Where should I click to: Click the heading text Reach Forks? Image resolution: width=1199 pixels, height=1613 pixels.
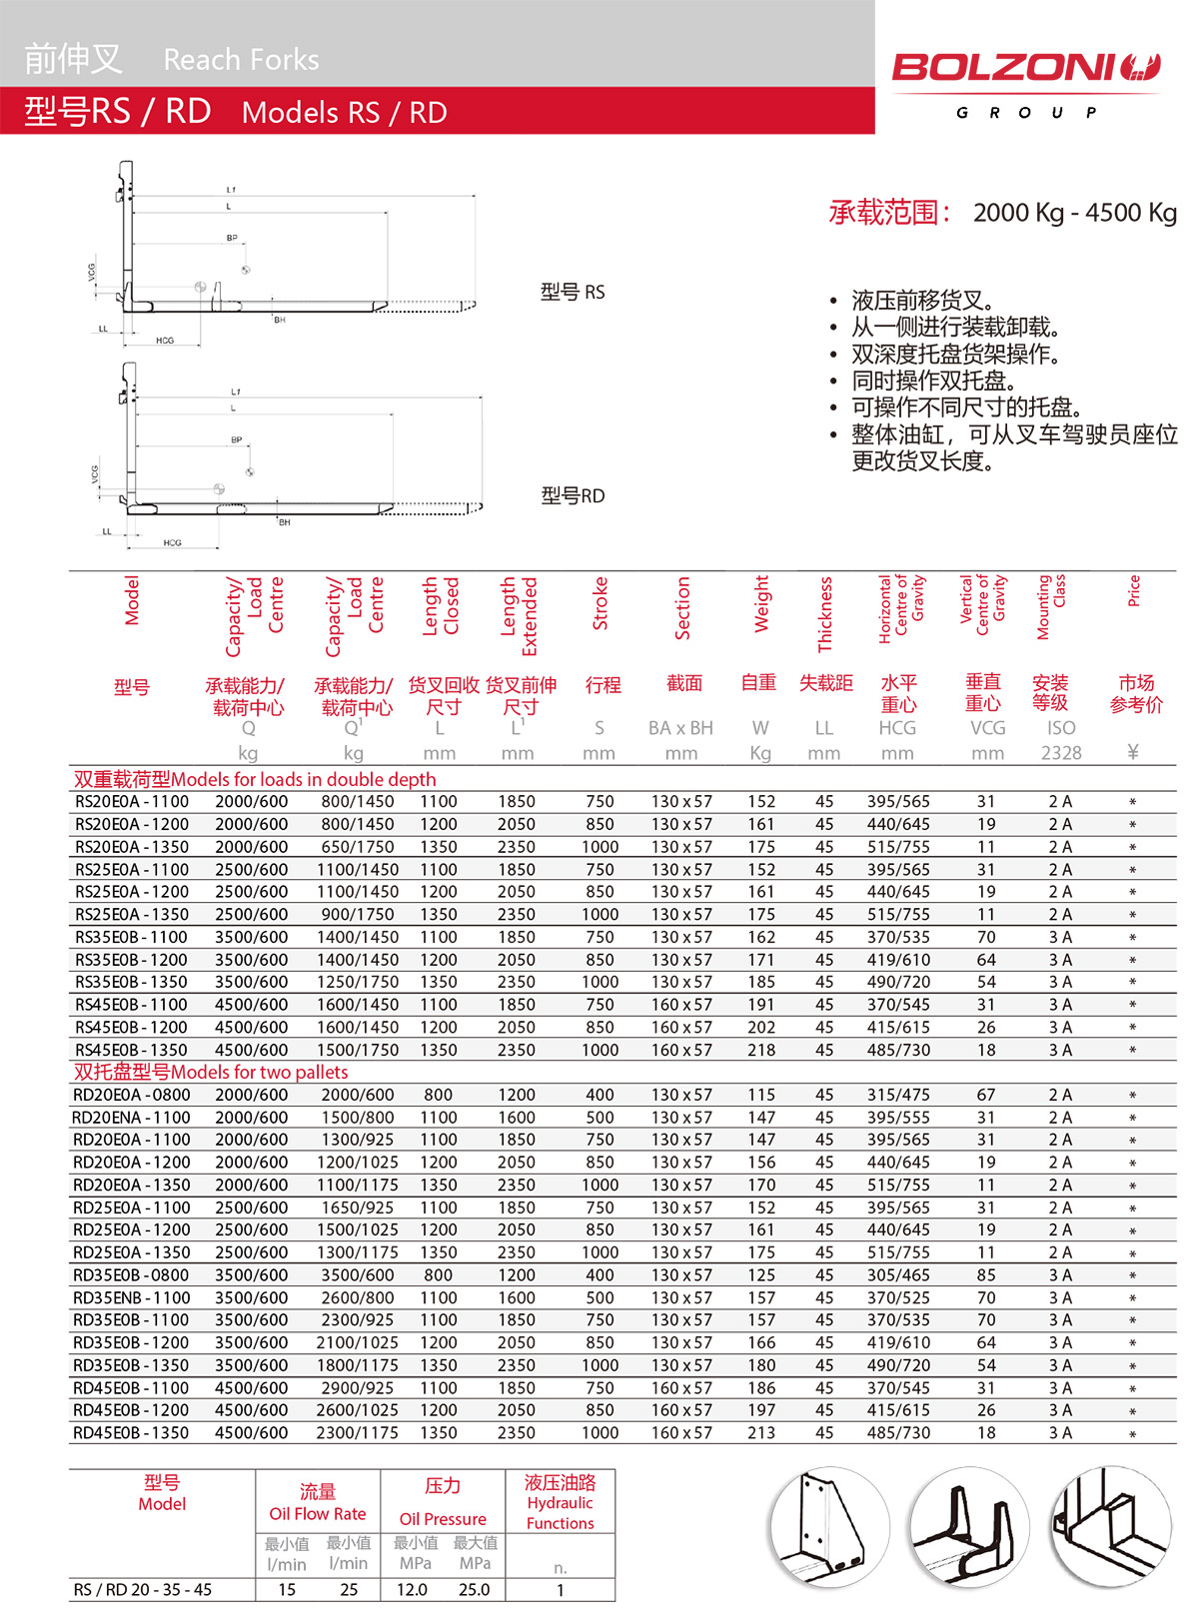pyautogui.click(x=241, y=60)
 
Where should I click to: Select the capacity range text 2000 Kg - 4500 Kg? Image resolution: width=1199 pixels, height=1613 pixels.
pyautogui.click(x=1074, y=213)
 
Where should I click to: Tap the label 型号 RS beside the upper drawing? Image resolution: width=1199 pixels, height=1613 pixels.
pyautogui.click(x=573, y=293)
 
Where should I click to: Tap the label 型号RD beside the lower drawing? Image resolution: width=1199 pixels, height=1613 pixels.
pyautogui.click(x=573, y=496)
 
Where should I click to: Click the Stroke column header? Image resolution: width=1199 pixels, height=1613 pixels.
pyautogui.click(x=600, y=603)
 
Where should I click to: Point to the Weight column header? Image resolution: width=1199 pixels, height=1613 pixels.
pyautogui.click(x=761, y=603)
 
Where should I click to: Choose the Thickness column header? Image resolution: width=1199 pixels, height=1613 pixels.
pyautogui.click(x=824, y=613)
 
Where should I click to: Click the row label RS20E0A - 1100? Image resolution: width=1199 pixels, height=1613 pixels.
pyautogui.click(x=132, y=802)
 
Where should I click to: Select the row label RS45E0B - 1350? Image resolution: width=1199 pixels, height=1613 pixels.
pyautogui.click(x=132, y=1051)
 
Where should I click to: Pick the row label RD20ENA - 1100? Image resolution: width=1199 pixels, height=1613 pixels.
pyautogui.click(x=131, y=1118)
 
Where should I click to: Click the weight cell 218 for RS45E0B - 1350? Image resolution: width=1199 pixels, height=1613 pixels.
pyautogui.click(x=761, y=1051)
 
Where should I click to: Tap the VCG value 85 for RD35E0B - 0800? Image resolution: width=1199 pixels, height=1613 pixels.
pyautogui.click(x=986, y=1275)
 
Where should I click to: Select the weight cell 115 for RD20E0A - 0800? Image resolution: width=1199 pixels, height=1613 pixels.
pyautogui.click(x=761, y=1096)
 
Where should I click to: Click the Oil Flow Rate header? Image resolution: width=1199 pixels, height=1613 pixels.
pyautogui.click(x=318, y=1514)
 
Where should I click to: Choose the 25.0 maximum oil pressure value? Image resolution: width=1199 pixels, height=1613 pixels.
pyautogui.click(x=475, y=1590)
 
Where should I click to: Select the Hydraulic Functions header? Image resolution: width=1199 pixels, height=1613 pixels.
pyautogui.click(x=561, y=1513)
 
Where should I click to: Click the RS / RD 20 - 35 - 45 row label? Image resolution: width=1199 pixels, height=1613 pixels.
pyautogui.click(x=143, y=1590)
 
